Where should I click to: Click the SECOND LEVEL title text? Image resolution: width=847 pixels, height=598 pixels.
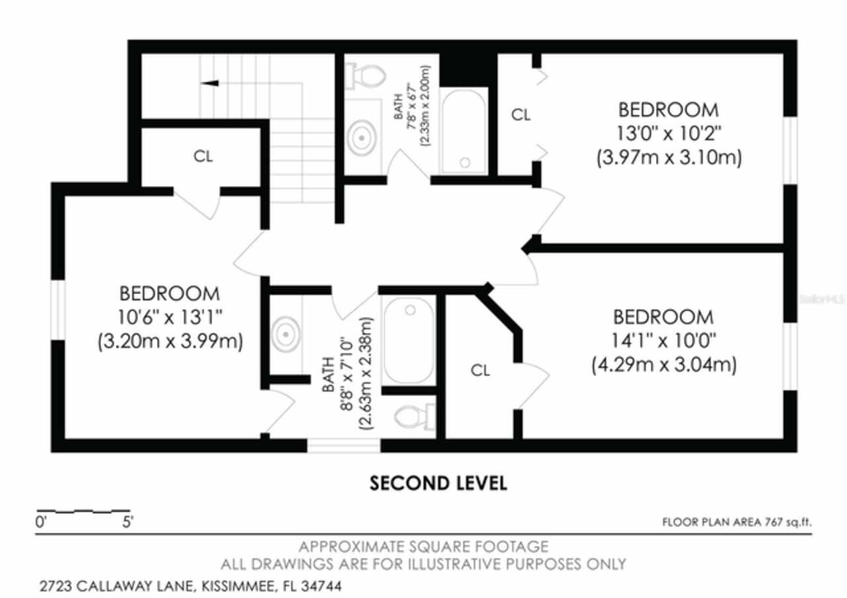(438, 484)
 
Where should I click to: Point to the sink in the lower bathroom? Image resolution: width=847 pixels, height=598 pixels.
(285, 334)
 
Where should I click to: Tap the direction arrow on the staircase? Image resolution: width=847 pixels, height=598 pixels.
(210, 83)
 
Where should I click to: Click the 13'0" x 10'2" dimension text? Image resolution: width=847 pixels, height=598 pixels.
(668, 134)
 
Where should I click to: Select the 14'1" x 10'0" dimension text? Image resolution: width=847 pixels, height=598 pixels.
(663, 340)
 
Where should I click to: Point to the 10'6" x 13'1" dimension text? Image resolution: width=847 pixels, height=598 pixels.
(169, 318)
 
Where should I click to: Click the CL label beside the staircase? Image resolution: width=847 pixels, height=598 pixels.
(203, 157)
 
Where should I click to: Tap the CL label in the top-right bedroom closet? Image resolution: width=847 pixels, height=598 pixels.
(521, 115)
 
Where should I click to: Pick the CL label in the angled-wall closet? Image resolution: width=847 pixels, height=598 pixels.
(480, 371)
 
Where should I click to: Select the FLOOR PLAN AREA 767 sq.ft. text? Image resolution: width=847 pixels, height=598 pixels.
(736, 523)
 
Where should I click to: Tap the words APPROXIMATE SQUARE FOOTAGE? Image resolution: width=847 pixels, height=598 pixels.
(423, 547)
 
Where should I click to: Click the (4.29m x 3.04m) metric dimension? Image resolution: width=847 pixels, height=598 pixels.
(663, 364)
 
